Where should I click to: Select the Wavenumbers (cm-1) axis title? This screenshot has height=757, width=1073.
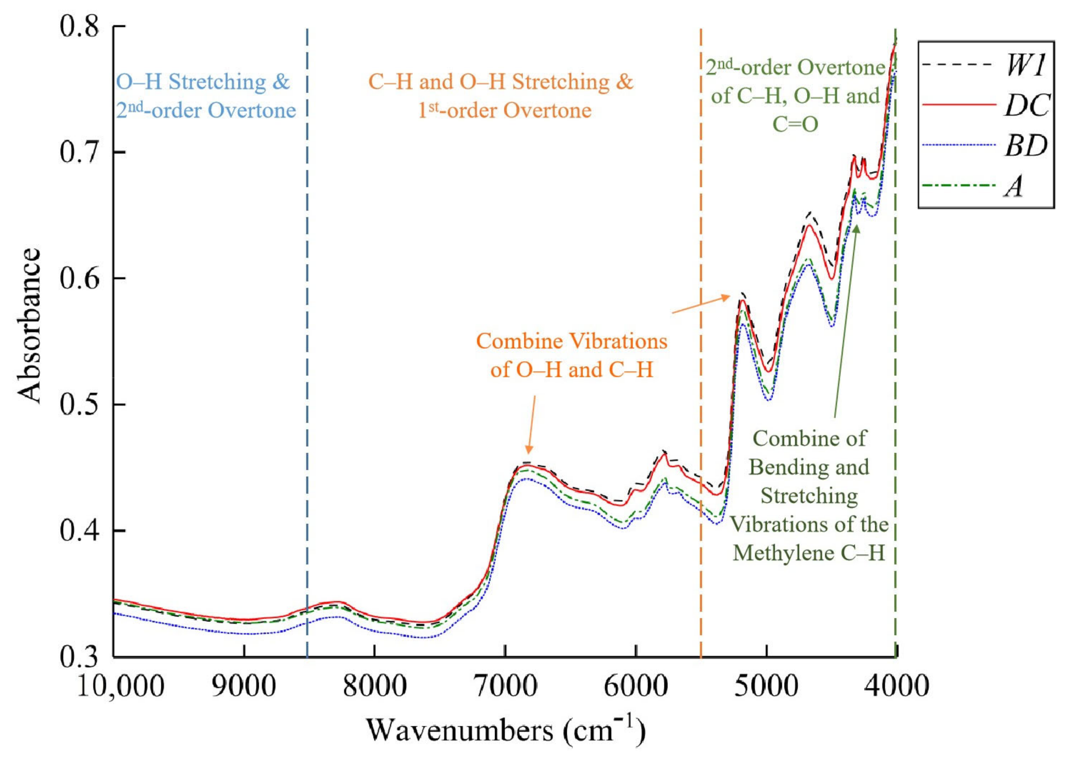[x=505, y=730]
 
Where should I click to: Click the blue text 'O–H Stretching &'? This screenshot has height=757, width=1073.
[x=203, y=82]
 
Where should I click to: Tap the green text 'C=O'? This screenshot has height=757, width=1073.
[x=795, y=124]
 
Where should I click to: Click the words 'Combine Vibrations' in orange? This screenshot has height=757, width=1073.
[x=571, y=341]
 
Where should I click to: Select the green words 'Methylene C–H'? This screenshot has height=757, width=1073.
[x=808, y=553]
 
